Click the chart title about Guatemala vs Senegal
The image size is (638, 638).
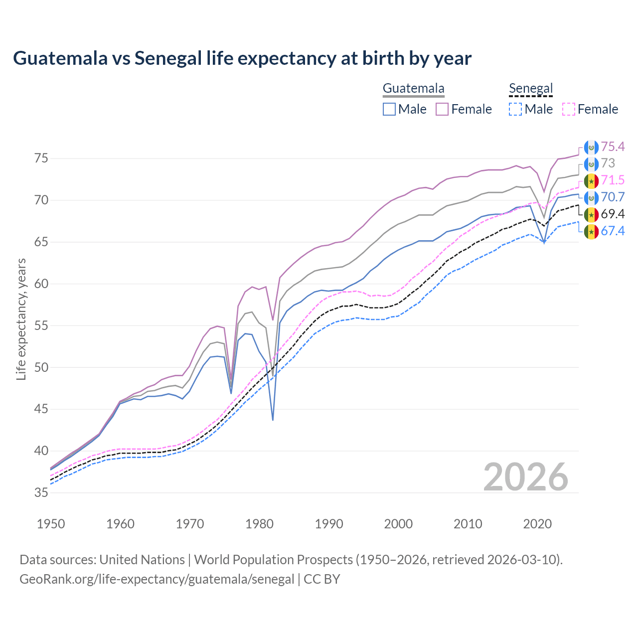tap(242, 58)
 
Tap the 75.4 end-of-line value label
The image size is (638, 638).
tap(613, 147)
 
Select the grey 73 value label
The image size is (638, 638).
tap(608, 163)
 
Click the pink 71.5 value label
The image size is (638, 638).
tap(613, 180)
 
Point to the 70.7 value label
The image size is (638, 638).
tap(613, 197)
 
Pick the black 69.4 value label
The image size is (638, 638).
tap(613, 214)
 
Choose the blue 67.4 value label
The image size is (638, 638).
tap(613, 231)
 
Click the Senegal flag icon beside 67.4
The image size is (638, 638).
tap(591, 231)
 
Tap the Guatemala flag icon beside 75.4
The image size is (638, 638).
tap(591, 147)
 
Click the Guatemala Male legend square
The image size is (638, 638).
tap(389, 109)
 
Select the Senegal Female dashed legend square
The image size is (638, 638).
tap(569, 109)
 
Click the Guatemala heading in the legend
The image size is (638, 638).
tap(413, 89)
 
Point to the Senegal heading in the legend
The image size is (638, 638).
tap(531, 89)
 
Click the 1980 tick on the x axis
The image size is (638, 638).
tap(259, 524)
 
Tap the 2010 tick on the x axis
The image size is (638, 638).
tap(468, 524)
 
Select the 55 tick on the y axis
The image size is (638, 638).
tap(41, 326)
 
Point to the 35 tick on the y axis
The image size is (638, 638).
tap(41, 493)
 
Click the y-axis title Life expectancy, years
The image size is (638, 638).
tap(21, 319)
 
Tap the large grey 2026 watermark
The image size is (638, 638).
tap(526, 477)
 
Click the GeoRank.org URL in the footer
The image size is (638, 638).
tap(157, 579)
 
